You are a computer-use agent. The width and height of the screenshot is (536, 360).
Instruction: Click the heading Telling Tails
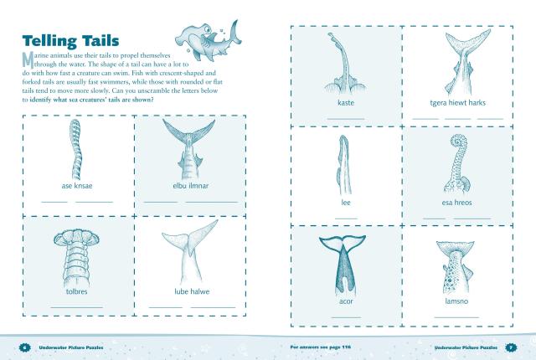(70, 41)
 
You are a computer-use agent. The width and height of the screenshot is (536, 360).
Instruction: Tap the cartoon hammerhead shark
(208, 40)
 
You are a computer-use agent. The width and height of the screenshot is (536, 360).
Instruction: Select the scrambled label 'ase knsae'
(77, 186)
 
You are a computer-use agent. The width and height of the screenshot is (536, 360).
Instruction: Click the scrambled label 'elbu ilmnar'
(190, 186)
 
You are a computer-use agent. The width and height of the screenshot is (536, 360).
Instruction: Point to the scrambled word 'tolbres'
(76, 291)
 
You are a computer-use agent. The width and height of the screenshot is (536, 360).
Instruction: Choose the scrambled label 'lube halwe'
(192, 291)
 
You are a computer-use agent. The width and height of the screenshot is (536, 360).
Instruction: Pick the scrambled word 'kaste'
(346, 102)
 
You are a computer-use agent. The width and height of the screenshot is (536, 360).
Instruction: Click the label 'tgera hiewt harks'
(457, 102)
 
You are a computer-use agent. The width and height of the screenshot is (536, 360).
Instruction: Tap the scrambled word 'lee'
(346, 203)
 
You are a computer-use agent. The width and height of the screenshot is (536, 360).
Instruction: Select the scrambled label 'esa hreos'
(456, 203)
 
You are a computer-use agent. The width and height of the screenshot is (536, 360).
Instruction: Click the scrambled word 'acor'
(346, 301)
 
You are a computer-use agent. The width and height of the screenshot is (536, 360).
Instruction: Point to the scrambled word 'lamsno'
(456, 301)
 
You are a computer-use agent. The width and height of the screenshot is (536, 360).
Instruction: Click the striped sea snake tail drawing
(76, 149)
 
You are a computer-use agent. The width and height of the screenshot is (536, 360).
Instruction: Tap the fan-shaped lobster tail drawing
(76, 259)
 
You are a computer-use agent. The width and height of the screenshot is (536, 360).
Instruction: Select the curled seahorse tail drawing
(457, 164)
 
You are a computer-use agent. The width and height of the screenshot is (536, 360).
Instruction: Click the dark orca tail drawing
(343, 264)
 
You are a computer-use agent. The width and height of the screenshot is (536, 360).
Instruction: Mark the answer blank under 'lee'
(346, 219)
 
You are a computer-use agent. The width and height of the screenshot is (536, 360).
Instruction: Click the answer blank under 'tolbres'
(76, 307)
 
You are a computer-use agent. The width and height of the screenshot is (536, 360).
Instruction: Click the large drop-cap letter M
(28, 60)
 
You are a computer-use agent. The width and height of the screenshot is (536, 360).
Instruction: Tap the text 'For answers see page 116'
(320, 347)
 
